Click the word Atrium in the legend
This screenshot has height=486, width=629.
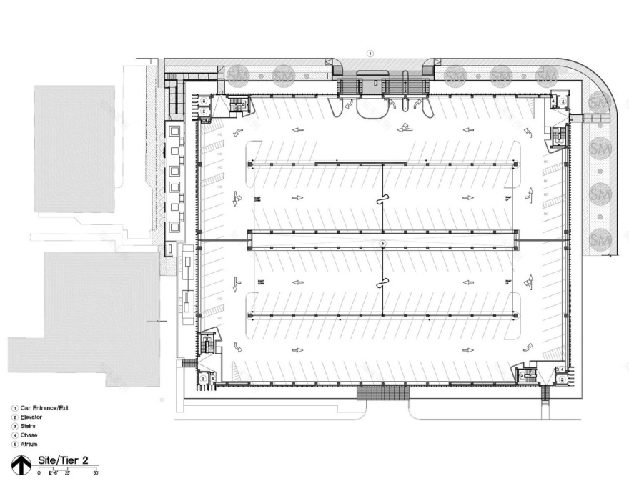coord(29,444)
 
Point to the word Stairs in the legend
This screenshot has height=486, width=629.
coord(29,425)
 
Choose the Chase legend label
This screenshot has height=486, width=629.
coord(29,435)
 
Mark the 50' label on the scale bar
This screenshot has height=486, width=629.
coord(95,473)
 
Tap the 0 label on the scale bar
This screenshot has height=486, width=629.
coord(39,473)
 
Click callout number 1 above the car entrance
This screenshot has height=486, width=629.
coord(370,53)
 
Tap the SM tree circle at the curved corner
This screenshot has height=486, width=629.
coord(598,104)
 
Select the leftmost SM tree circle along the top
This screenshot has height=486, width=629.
coord(237,74)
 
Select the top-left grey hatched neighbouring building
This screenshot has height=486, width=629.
coord(74,148)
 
